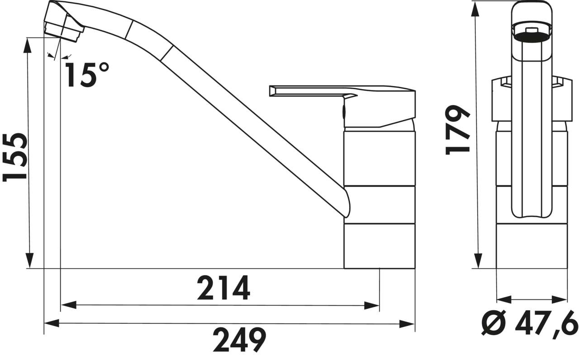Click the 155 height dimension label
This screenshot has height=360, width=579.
[14, 157]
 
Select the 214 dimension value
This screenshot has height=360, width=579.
[223, 288]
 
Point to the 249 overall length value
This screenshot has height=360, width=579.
[239, 340]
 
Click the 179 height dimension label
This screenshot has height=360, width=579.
[456, 131]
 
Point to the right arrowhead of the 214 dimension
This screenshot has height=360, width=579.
[373, 306]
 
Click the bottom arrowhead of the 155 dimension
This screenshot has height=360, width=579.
[29, 261]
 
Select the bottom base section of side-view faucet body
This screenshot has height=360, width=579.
[379, 246]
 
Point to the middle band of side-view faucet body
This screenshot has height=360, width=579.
[379, 204]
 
